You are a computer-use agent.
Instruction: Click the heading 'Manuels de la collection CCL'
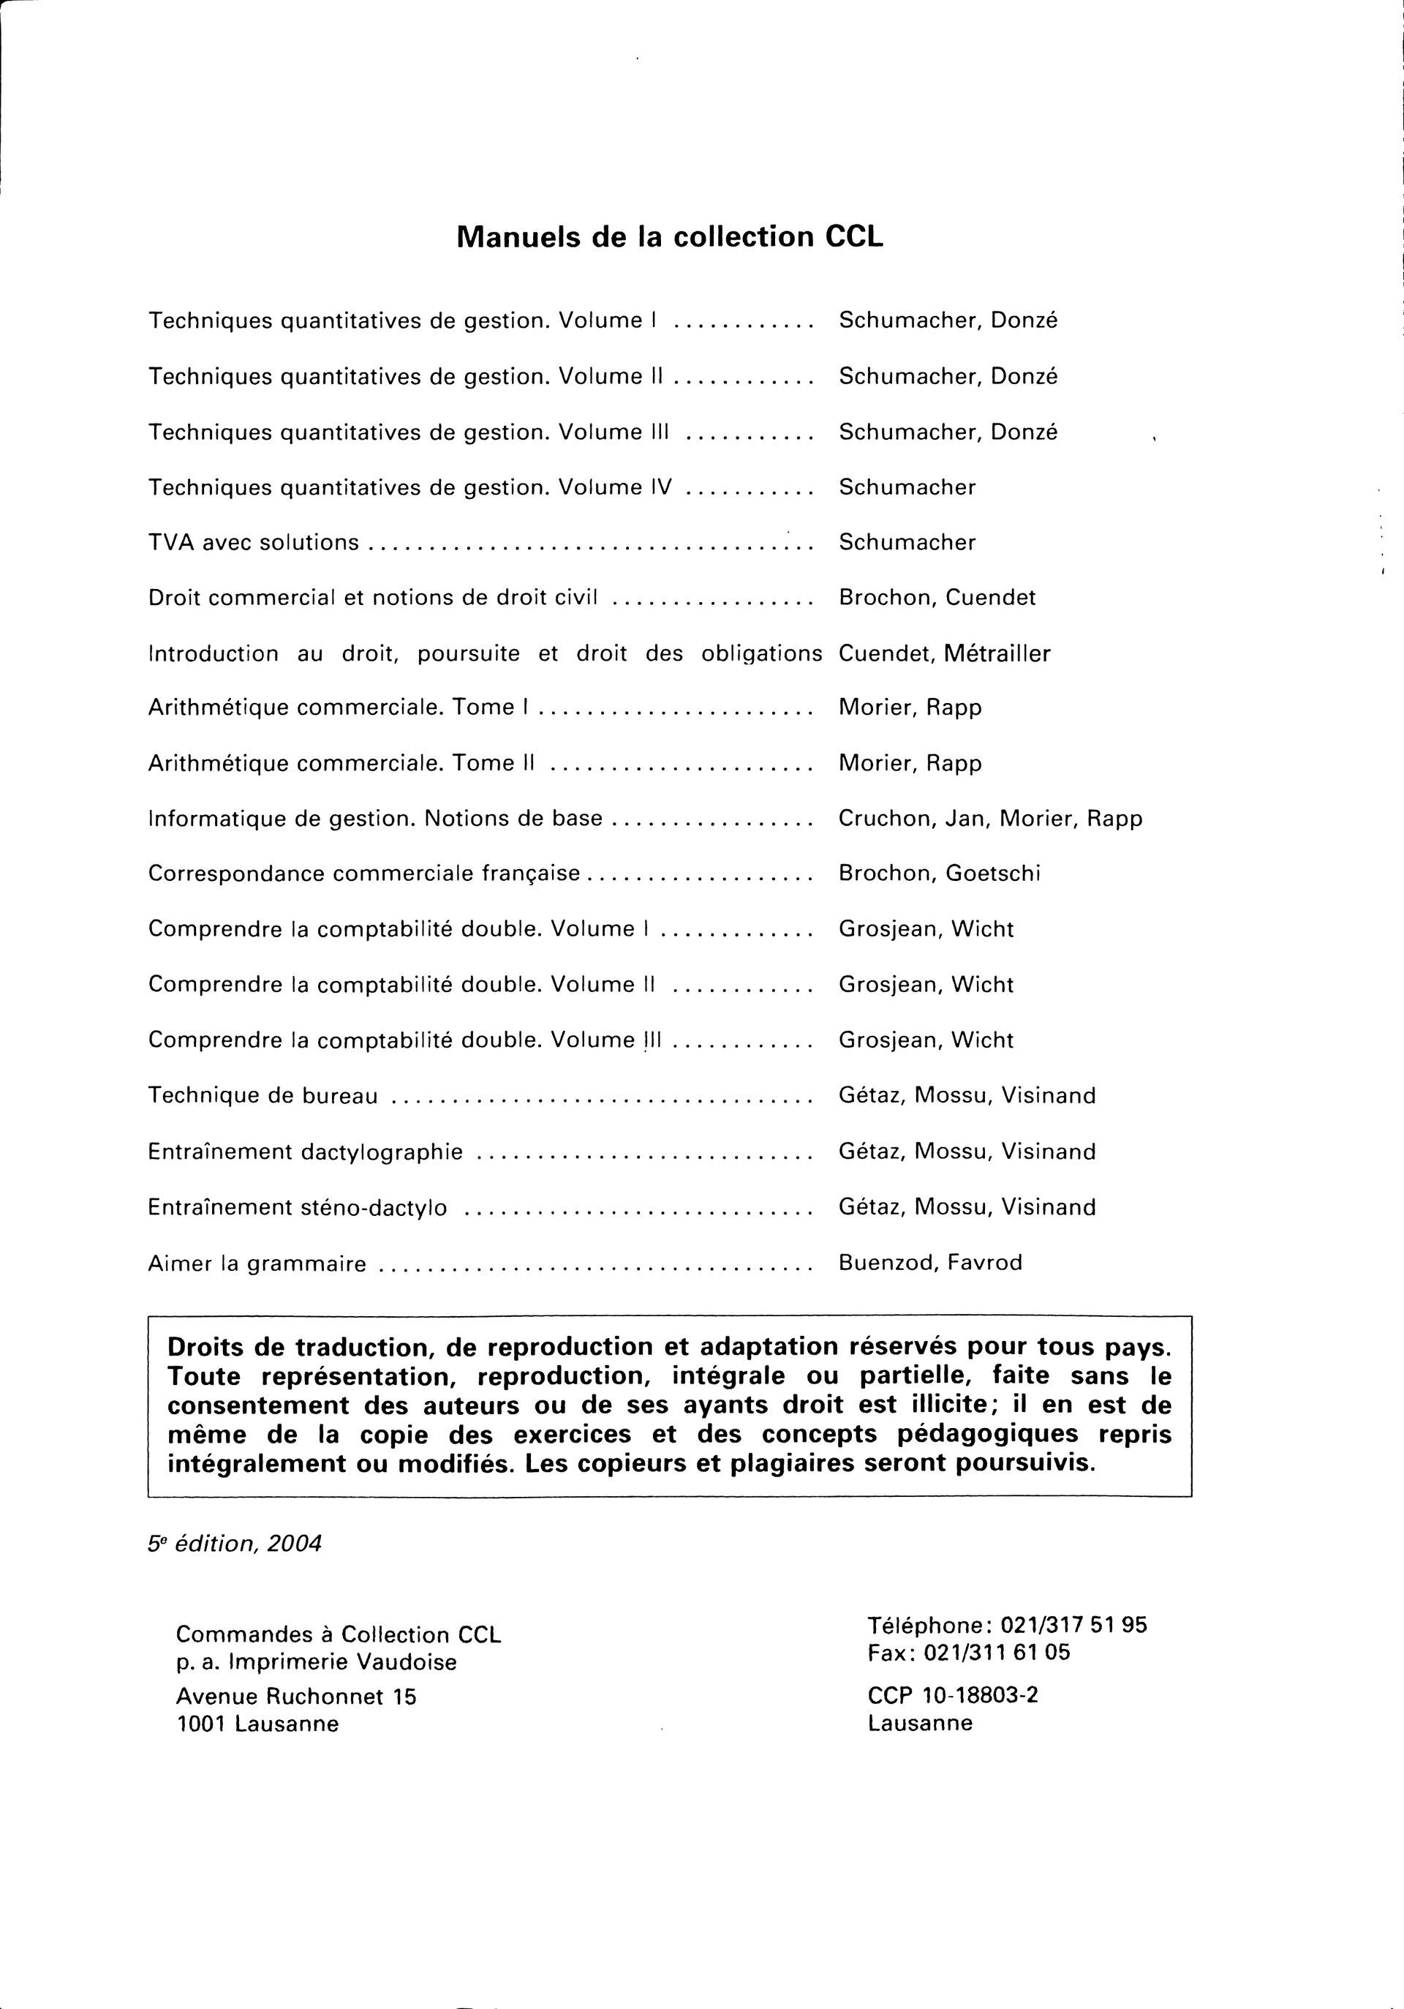[x=670, y=237]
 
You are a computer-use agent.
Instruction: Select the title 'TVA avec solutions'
[x=254, y=543]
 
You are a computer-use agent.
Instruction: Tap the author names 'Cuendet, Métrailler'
[x=944, y=653]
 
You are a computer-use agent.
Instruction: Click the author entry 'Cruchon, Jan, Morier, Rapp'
[x=990, y=818]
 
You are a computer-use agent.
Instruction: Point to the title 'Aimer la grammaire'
[x=257, y=1263]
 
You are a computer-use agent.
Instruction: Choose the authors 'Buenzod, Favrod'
[x=930, y=1263]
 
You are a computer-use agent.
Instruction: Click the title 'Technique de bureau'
[x=263, y=1095]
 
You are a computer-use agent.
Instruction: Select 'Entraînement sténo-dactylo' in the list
[x=298, y=1207]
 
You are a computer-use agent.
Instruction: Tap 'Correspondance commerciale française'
[x=364, y=874]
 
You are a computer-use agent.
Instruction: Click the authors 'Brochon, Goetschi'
[x=940, y=874]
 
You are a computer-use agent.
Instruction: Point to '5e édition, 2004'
[x=235, y=1544]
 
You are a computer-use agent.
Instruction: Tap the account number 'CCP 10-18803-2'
[x=953, y=1695]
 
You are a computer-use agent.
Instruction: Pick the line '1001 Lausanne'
[x=257, y=1724]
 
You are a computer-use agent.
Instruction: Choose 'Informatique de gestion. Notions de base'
[x=375, y=818]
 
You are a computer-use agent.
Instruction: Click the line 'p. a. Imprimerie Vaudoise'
[x=316, y=1661]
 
